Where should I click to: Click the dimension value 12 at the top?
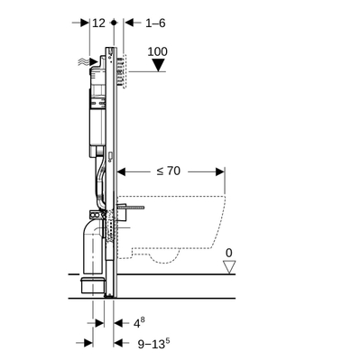click(x=98, y=23)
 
